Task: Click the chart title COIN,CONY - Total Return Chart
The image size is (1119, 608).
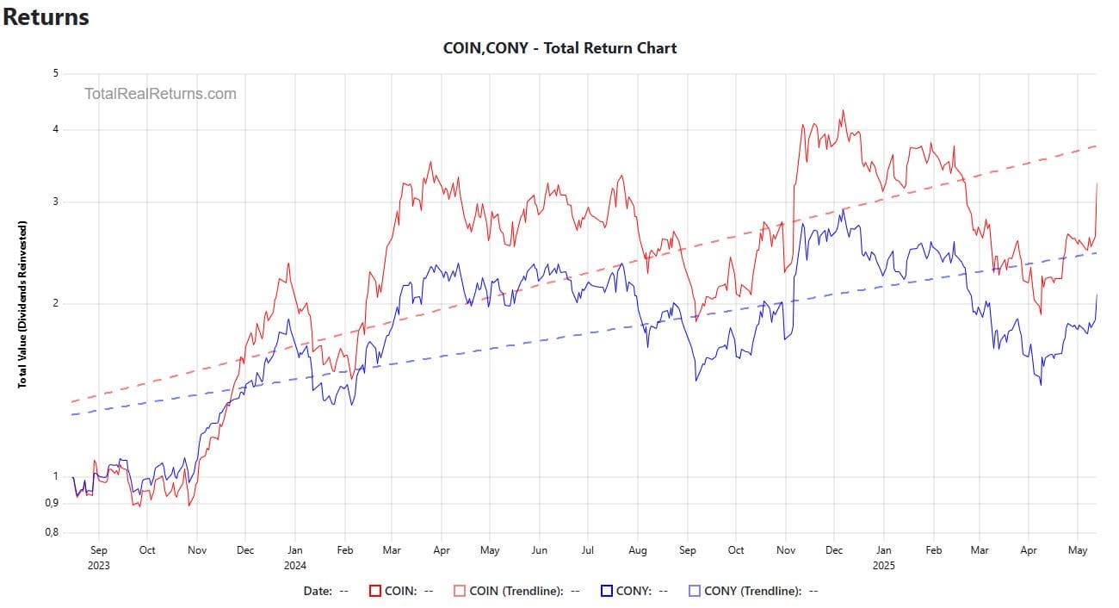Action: (x=559, y=48)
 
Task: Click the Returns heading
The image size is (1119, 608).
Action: (x=46, y=16)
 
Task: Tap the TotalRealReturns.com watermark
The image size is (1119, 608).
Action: (x=160, y=94)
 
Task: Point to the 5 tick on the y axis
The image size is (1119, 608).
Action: (x=55, y=73)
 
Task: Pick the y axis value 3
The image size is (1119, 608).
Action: (x=55, y=202)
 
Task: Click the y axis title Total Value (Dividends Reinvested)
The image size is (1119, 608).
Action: (x=22, y=303)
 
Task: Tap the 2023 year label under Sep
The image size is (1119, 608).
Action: (x=98, y=566)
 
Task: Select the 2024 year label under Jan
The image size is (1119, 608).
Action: (x=294, y=566)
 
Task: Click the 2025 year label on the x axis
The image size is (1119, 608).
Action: (x=883, y=566)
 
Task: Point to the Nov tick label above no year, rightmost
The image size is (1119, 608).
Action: (x=785, y=549)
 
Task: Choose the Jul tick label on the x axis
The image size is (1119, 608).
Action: (x=588, y=549)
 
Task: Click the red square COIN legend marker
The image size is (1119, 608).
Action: (x=375, y=591)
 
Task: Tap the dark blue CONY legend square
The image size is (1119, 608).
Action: (x=607, y=591)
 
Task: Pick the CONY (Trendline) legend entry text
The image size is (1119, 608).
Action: (x=752, y=591)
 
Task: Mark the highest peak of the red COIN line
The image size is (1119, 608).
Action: (x=843, y=109)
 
